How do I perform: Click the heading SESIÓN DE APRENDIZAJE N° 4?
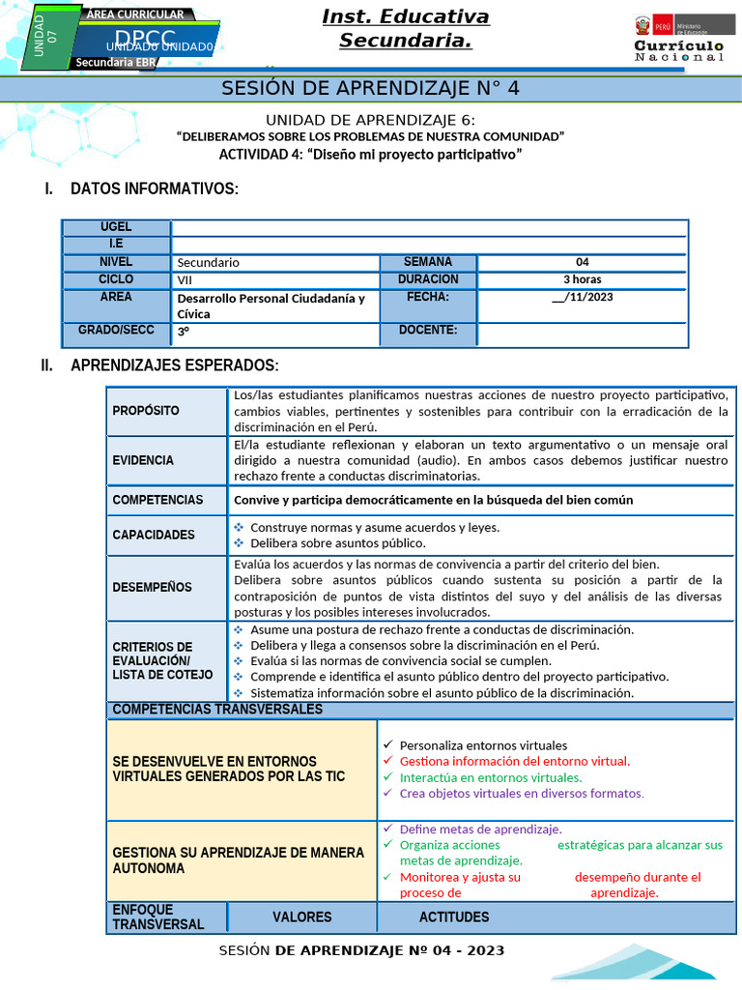coord(370,89)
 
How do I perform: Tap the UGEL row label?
coord(116,227)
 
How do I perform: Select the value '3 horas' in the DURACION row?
coord(582,279)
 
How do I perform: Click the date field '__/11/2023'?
coord(582,297)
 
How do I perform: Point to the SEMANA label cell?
coord(427,262)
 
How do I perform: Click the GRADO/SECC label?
coord(116,331)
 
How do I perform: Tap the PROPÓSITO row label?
coord(146,411)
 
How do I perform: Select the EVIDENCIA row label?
coord(143,460)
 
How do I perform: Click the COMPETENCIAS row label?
coord(157,500)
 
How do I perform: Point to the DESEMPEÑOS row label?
coord(152,587)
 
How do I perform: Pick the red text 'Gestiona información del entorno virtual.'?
coord(514,761)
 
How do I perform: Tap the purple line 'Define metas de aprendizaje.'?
coord(480,830)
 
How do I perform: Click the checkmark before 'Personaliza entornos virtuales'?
coord(387,745)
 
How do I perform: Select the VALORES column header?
coord(301,917)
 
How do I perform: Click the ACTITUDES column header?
coord(454,917)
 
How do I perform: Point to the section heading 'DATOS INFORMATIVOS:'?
coord(154,189)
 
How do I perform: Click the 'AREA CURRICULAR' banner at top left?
coord(134,15)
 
